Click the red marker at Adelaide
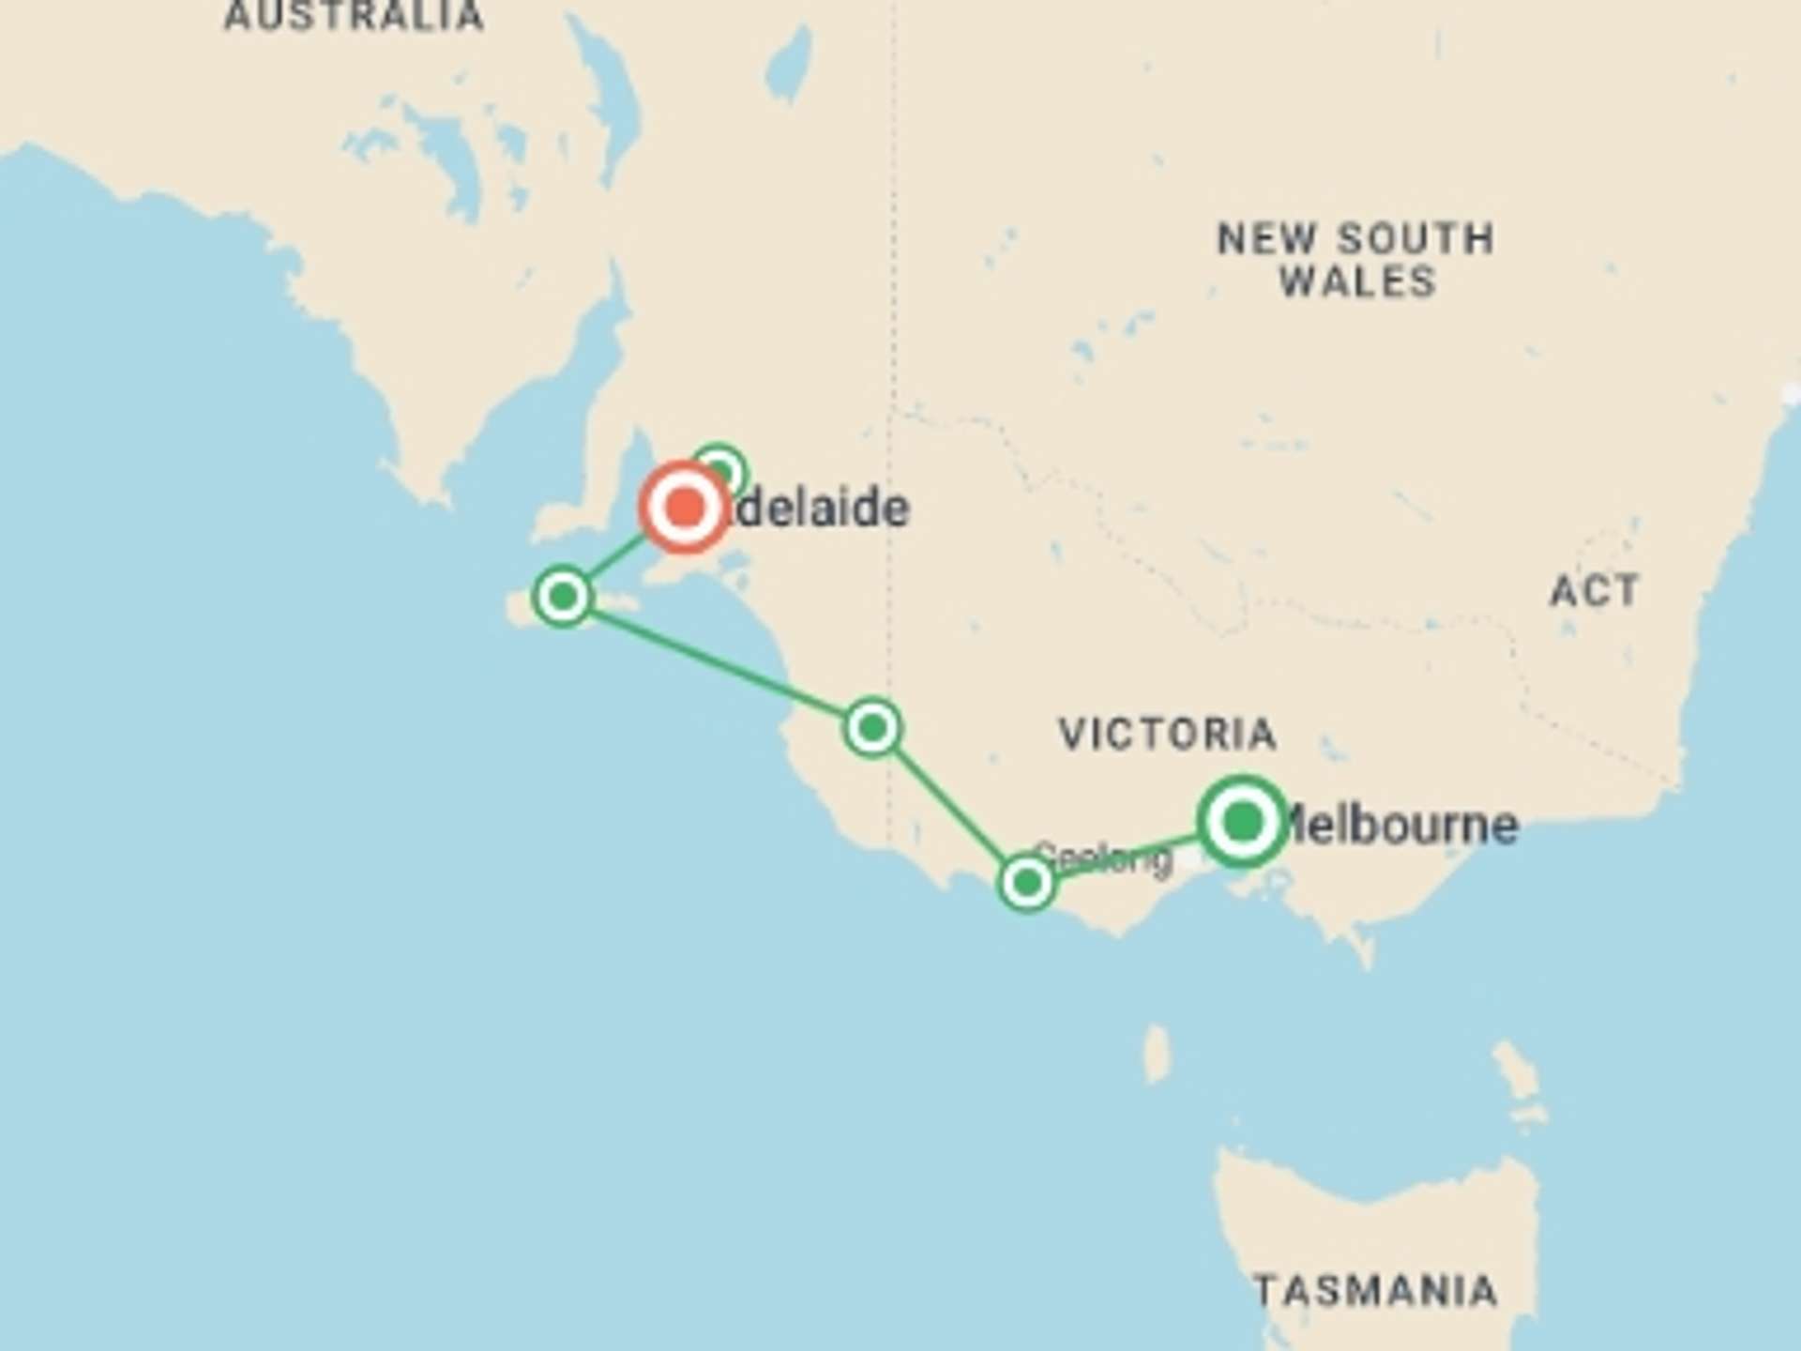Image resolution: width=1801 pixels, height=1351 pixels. pyautogui.click(x=685, y=508)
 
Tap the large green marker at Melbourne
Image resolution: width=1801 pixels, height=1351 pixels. pyautogui.click(x=1242, y=822)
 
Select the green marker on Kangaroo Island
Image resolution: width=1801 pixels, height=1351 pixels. pyautogui.click(x=562, y=596)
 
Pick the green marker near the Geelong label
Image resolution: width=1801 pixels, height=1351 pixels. pyautogui.click(x=1027, y=882)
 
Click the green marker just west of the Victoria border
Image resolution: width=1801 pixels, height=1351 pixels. pyautogui.click(x=872, y=727)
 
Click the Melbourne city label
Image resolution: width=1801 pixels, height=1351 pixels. pyautogui.click(x=1402, y=826)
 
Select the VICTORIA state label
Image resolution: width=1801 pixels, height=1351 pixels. pyautogui.click(x=1167, y=734)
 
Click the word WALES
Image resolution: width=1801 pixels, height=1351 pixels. pyautogui.click(x=1357, y=281)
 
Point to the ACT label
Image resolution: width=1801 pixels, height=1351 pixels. pyautogui.click(x=1594, y=591)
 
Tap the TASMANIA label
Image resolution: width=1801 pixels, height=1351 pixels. pyautogui.click(x=1375, y=1292)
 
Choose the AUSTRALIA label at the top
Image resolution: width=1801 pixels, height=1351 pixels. pyautogui.click(x=354, y=16)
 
